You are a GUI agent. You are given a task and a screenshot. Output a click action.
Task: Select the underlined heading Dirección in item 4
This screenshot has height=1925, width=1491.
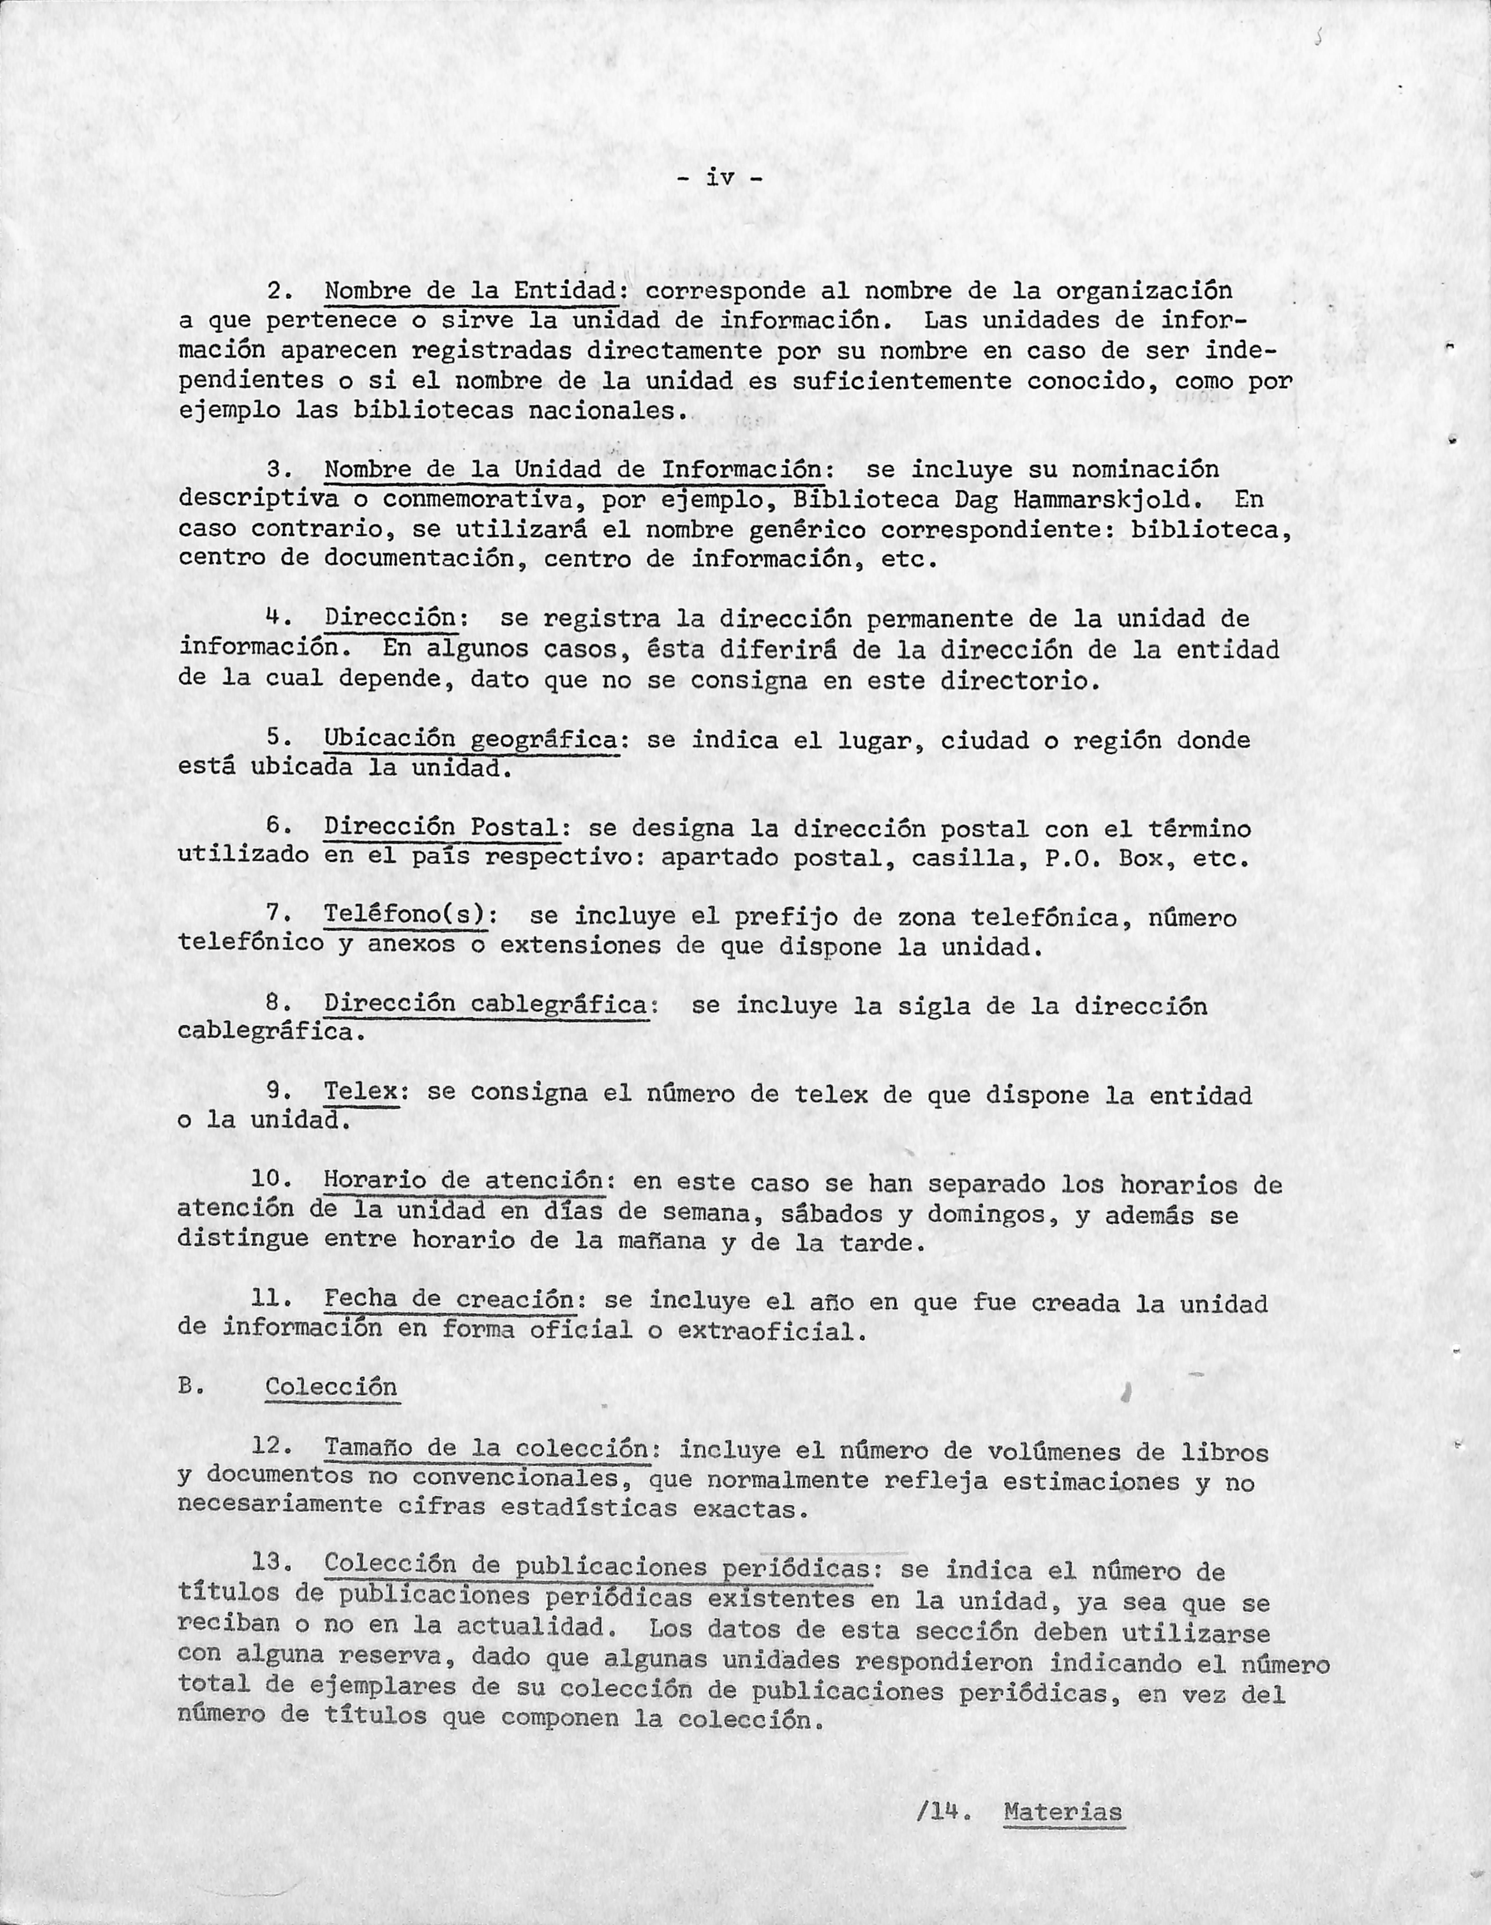[391, 619]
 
